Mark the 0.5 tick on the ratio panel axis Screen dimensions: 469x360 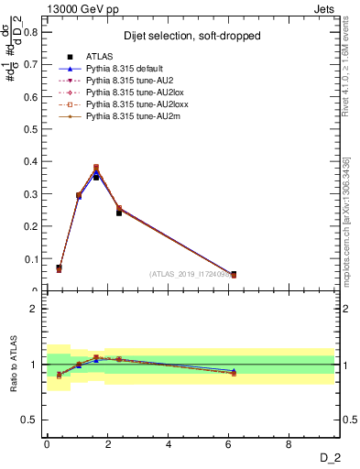(x=31, y=420)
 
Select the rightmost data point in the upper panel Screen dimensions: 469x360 (x=233, y=274)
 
